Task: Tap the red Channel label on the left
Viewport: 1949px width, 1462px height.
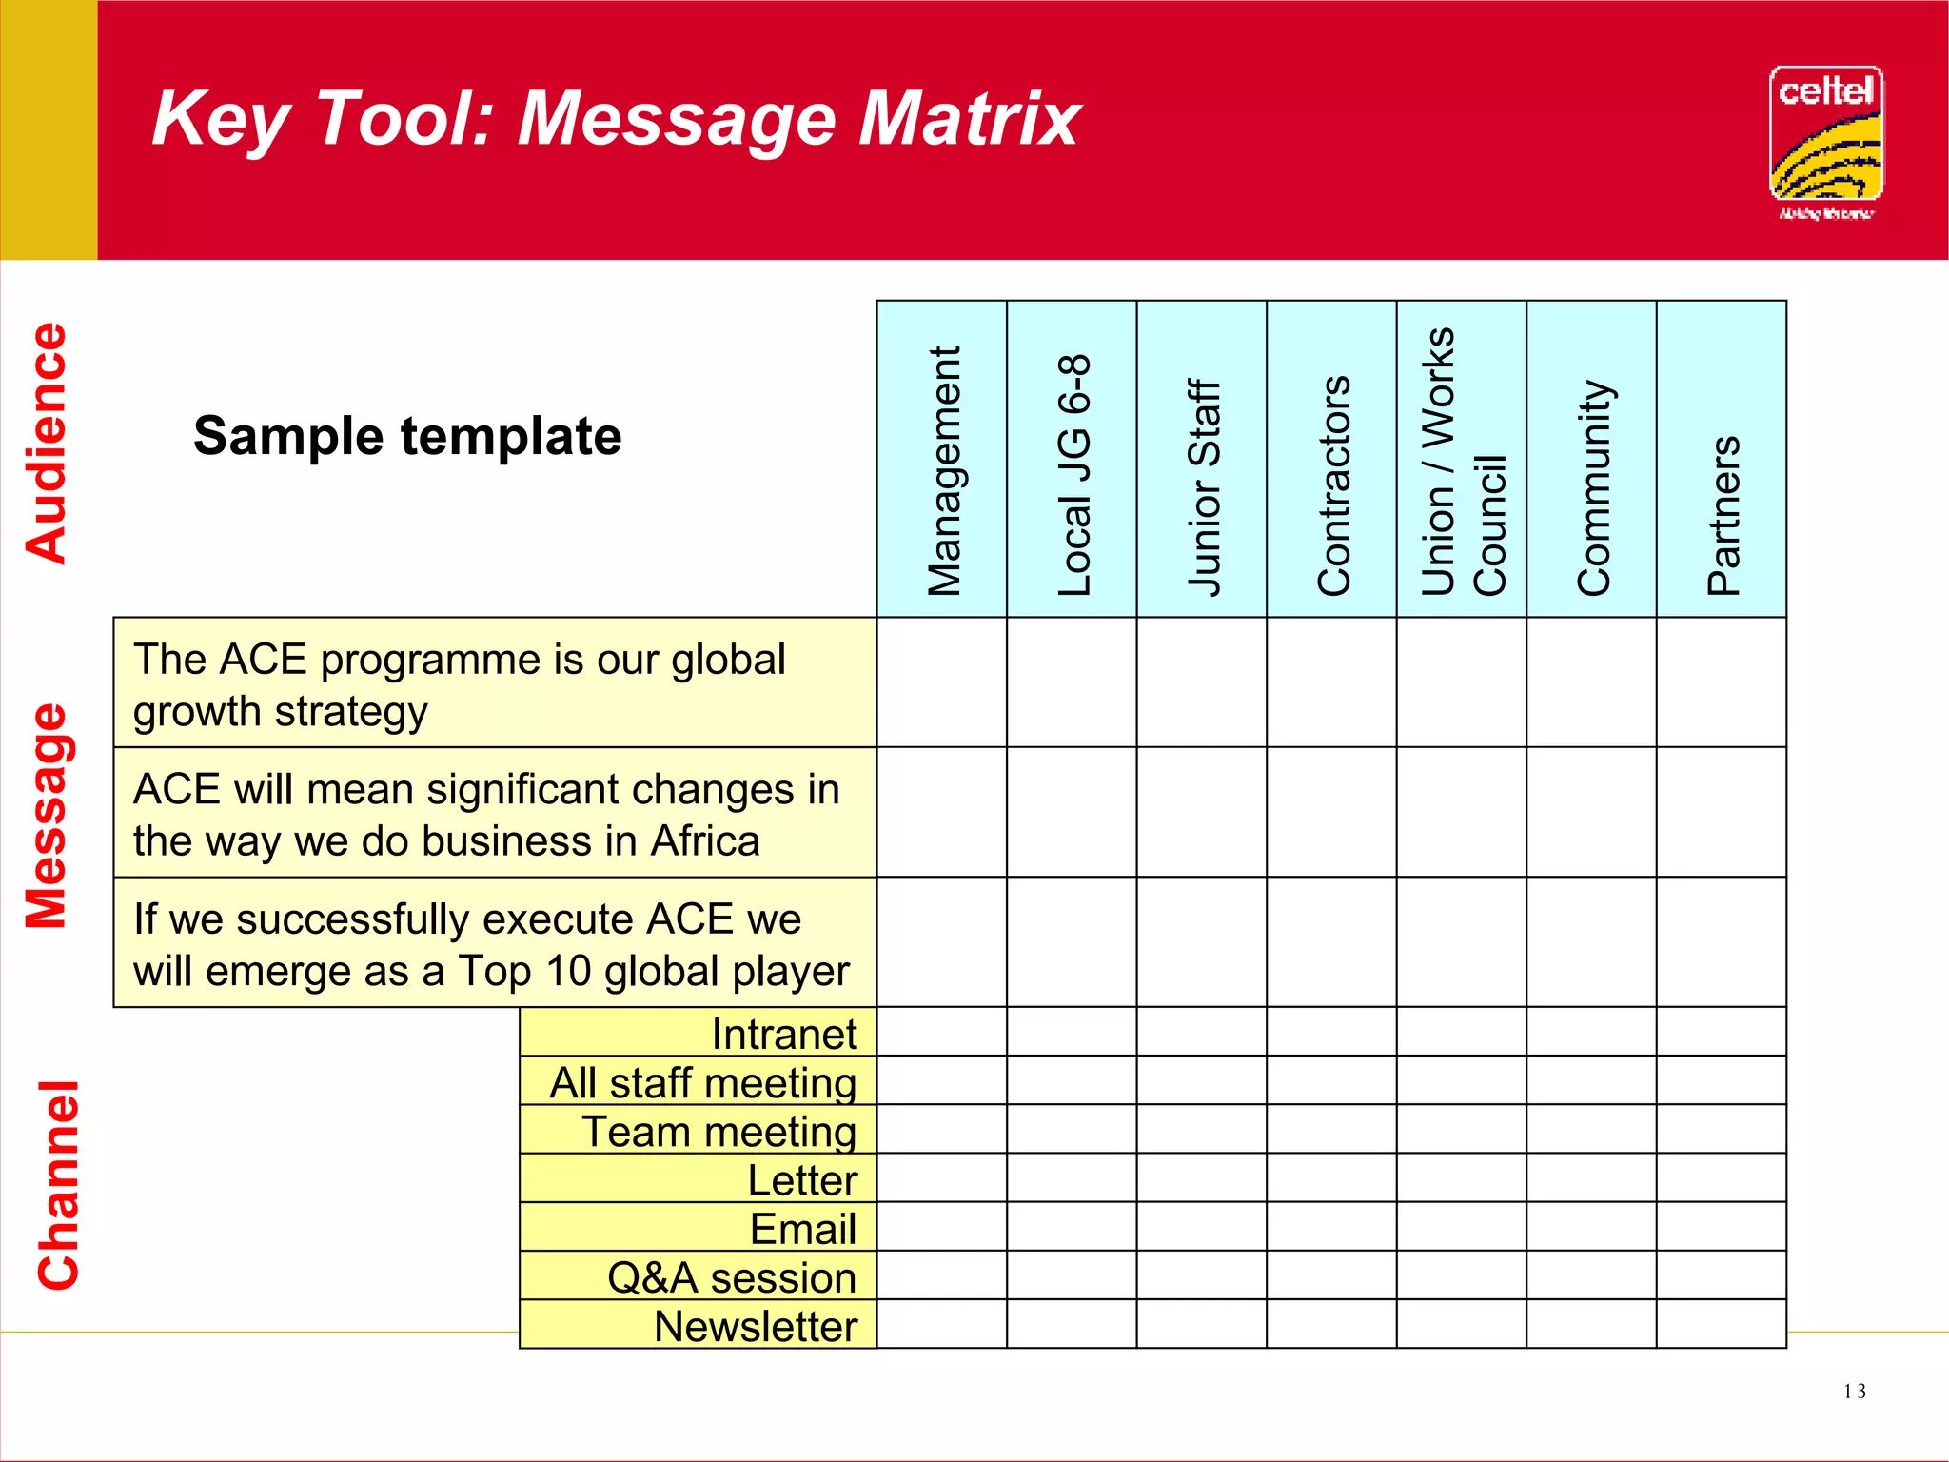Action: pyautogui.click(x=58, y=1185)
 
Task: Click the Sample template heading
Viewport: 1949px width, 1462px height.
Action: pyautogui.click(x=407, y=437)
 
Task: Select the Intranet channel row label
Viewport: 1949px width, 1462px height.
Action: pyautogui.click(x=784, y=1034)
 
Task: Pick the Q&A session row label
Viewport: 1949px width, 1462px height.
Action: pyautogui.click(x=732, y=1277)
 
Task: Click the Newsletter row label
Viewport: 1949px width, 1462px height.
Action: pyautogui.click(x=756, y=1326)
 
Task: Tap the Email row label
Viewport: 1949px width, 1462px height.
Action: pyautogui.click(x=802, y=1229)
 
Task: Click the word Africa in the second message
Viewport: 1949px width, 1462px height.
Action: pyautogui.click(x=704, y=841)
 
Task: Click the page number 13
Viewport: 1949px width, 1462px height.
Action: pyautogui.click(x=1854, y=1392)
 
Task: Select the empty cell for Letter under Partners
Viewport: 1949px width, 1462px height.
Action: pyautogui.click(x=1721, y=1177)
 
